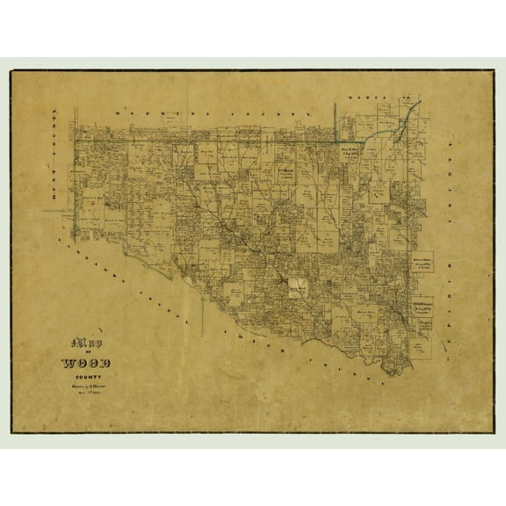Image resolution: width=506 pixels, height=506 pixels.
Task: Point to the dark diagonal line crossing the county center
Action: click(x=264, y=264)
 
